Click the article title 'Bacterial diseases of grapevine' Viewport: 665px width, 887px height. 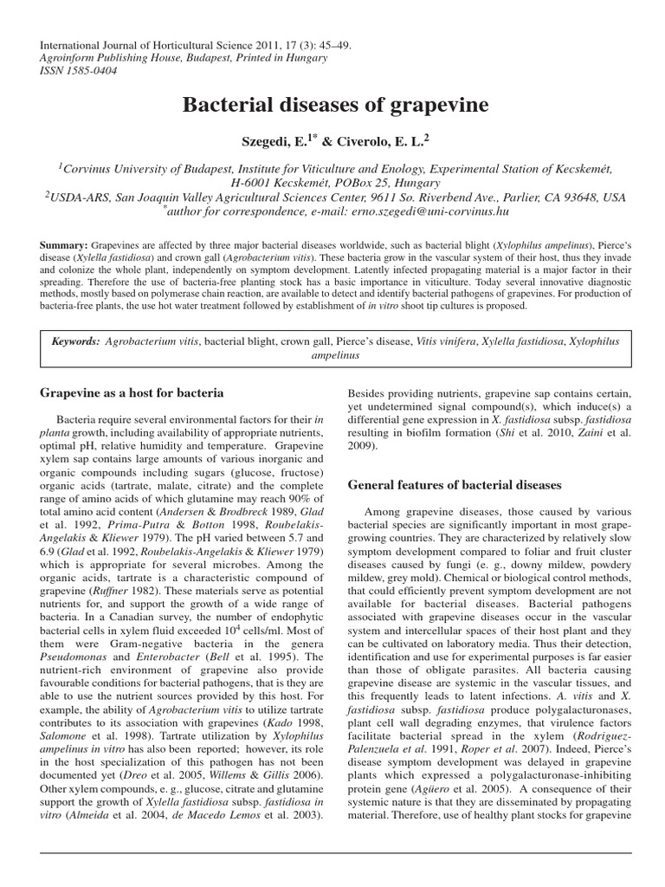tap(335, 106)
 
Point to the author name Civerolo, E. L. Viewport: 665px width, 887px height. tap(379, 140)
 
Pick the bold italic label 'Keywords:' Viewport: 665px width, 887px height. tap(75, 342)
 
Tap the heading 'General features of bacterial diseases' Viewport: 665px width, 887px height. tap(455, 484)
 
